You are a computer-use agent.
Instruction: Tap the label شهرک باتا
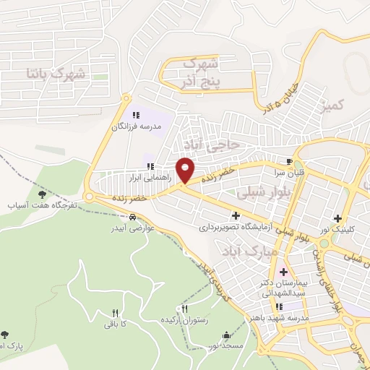(x=55, y=73)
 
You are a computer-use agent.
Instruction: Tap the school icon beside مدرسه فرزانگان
(x=136, y=114)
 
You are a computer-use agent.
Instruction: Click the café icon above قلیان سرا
(x=290, y=161)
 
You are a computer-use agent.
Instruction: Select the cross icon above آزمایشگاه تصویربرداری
(x=236, y=215)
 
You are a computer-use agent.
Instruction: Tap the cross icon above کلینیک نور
(x=337, y=218)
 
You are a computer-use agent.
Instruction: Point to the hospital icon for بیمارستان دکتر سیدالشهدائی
(x=283, y=273)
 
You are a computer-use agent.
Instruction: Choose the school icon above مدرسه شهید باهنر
(x=278, y=306)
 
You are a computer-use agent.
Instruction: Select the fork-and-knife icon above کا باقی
(x=114, y=313)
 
